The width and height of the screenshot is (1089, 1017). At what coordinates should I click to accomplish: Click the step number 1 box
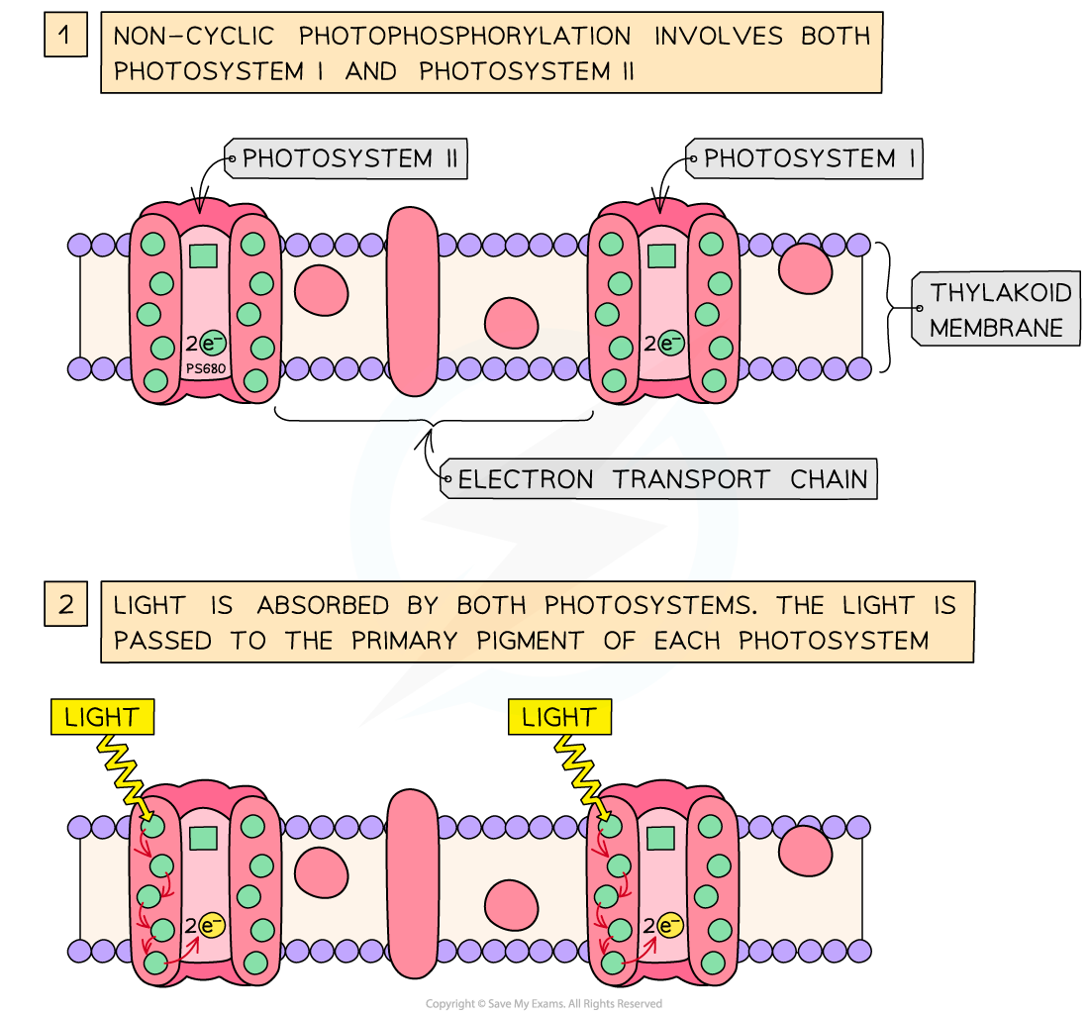pos(65,37)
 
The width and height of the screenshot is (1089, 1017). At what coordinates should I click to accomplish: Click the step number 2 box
pos(65,604)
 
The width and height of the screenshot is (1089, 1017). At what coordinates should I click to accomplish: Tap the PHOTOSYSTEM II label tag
pos(346,158)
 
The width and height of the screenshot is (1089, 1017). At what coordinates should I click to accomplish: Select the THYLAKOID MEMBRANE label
pos(998,310)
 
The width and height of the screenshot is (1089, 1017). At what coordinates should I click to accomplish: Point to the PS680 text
pos(205,368)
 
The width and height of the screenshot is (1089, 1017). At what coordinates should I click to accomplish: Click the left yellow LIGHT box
pos(102,718)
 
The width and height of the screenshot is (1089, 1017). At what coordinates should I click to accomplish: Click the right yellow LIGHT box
pos(559,718)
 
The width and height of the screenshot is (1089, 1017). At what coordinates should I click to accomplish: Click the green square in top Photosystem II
pos(203,256)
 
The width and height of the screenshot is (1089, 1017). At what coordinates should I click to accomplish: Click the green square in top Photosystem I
pos(660,256)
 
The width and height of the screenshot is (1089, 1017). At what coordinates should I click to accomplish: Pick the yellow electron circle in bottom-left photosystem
pos(212,926)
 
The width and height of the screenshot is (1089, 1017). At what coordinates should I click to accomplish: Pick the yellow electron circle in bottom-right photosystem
pos(670,926)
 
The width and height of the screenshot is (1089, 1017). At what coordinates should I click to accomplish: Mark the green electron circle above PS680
pos(212,344)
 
